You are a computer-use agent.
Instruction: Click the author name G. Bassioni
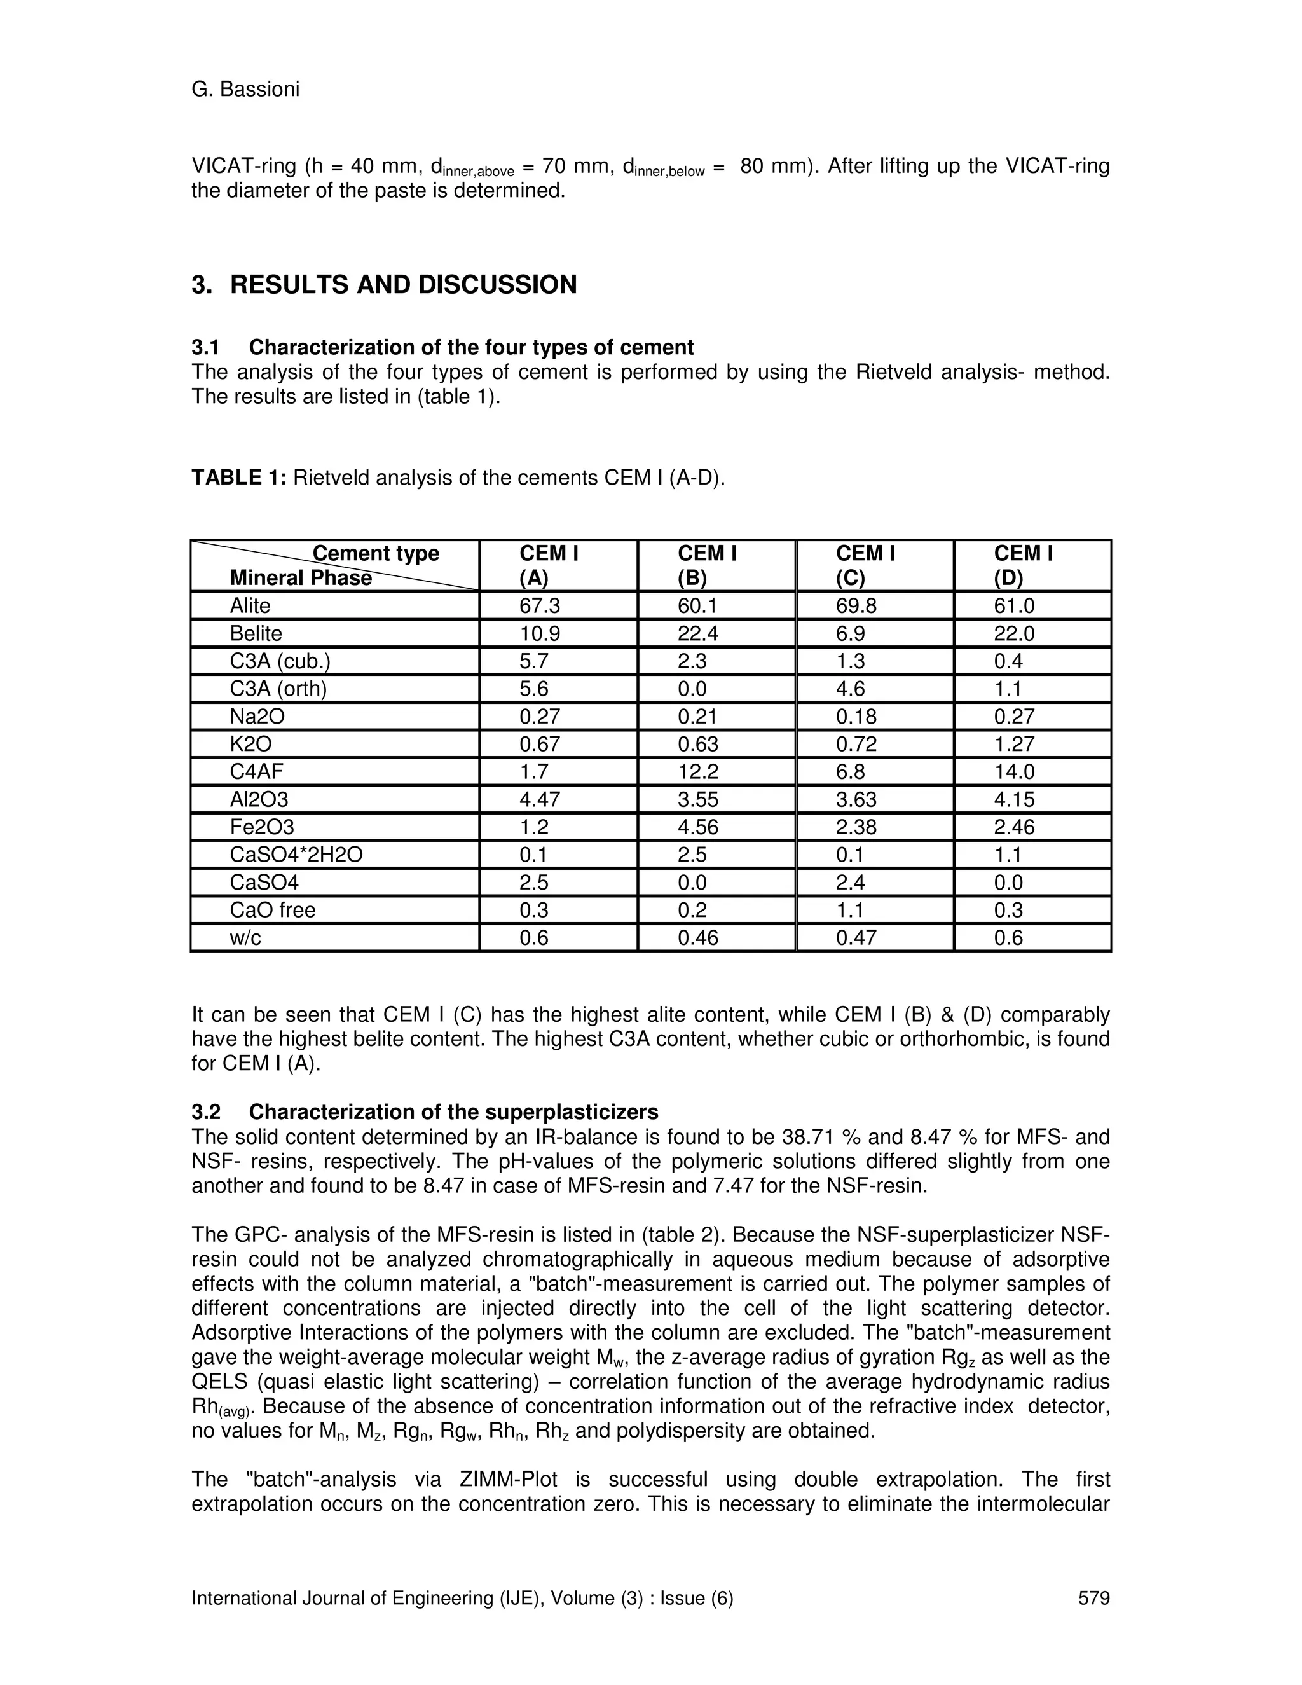[x=245, y=90]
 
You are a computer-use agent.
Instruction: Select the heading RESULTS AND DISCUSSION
[x=402, y=285]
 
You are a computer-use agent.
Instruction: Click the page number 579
[x=1093, y=1598]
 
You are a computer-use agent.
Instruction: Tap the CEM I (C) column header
[x=865, y=565]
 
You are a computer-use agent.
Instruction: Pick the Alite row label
[x=250, y=605]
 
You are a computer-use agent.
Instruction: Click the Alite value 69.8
[x=856, y=605]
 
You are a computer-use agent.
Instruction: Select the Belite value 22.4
[x=698, y=633]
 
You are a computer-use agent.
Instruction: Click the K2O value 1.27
[x=1014, y=744]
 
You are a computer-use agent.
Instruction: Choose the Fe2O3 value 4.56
[x=698, y=827]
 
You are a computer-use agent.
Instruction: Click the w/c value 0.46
[x=698, y=937]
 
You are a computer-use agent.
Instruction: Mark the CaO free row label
[x=272, y=911]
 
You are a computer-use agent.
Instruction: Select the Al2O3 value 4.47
[x=540, y=799]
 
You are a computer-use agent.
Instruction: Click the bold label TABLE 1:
[x=239, y=478]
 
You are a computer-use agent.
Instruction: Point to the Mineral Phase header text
[x=301, y=578]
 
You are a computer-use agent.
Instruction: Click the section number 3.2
[x=206, y=1111]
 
